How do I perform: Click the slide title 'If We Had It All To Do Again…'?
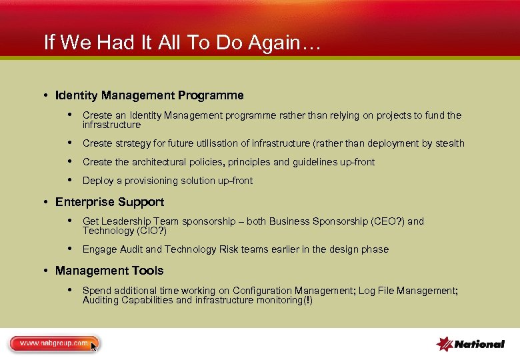[183, 43]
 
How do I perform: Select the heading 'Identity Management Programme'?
[149, 95]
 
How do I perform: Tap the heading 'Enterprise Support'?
[109, 202]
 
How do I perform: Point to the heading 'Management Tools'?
[109, 271]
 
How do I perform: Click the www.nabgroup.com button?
[53, 343]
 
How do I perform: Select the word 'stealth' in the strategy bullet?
[449, 143]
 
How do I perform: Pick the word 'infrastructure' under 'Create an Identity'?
[111, 125]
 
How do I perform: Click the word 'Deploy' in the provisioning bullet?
[97, 181]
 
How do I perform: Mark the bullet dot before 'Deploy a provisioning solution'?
[70, 181]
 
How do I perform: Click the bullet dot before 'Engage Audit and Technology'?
[70, 249]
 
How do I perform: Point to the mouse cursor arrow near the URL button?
[94, 347]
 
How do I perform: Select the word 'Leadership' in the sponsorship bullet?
[125, 221]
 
